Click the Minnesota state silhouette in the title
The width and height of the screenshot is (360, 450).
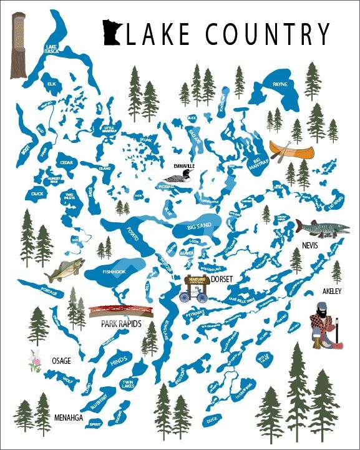pos(113,33)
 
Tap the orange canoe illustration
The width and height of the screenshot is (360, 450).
pos(289,150)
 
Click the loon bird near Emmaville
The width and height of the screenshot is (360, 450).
pos(186,179)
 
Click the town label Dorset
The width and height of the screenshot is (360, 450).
pos(221,280)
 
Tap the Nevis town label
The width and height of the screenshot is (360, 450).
pos(309,246)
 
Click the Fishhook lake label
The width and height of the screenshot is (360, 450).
pos(115,271)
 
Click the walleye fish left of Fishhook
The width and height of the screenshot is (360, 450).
pos(63,271)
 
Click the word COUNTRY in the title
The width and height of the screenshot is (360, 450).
pos(268,34)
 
